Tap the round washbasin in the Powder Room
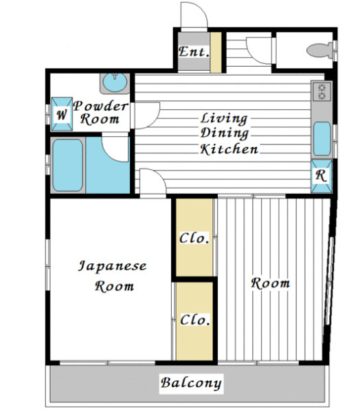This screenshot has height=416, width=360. click(115, 83)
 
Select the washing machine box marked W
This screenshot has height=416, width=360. click(62, 114)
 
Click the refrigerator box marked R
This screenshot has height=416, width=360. click(322, 176)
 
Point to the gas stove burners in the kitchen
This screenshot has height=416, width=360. click(322, 91)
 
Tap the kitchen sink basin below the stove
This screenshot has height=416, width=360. click(322, 138)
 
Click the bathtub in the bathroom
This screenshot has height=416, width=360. click(68, 165)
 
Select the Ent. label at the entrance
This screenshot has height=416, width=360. click(194, 52)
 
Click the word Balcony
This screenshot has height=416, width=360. click(191, 383)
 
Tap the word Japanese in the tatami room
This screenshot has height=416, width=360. click(113, 266)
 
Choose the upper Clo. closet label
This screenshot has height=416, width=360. click(194, 238)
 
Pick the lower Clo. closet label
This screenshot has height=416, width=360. click(195, 320)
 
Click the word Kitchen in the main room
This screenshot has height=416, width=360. click(229, 149)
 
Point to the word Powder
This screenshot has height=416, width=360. click(101, 106)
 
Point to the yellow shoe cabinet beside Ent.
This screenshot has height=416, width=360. click(216, 52)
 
